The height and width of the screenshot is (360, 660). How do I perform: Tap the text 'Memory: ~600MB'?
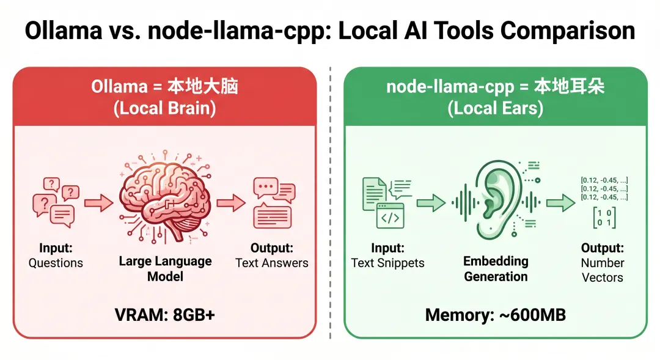(495, 315)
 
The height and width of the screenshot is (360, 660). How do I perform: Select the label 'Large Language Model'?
(165, 269)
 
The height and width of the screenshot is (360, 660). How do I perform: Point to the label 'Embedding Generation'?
(496, 269)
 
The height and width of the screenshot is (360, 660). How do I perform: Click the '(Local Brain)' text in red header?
(164, 108)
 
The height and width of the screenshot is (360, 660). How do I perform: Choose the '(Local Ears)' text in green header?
(495, 108)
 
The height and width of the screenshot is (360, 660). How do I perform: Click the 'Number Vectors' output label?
(603, 270)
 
